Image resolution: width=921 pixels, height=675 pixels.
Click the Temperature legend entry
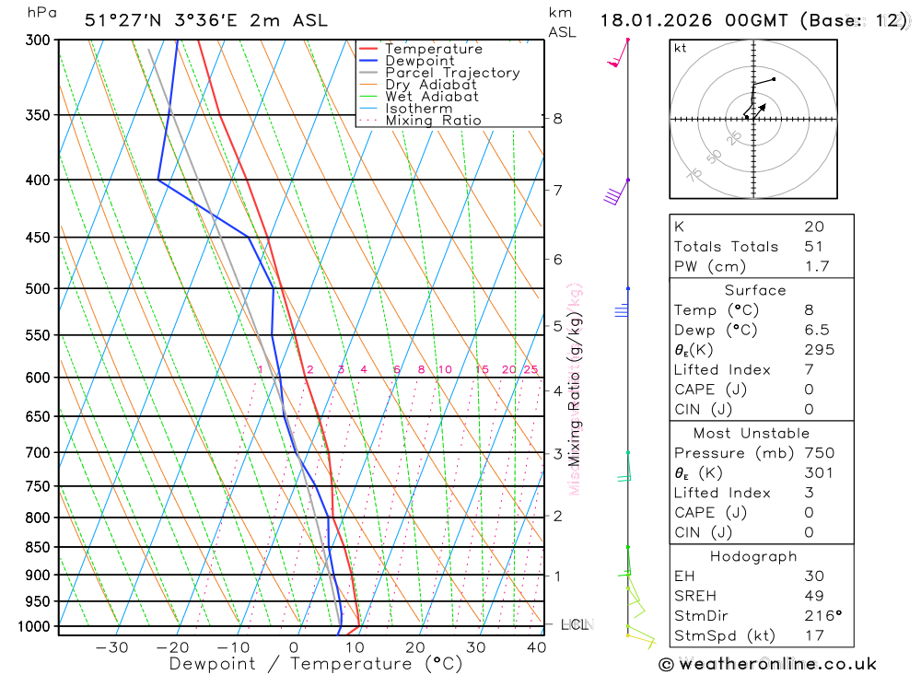click(433, 49)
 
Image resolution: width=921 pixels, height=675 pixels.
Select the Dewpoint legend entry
click(420, 61)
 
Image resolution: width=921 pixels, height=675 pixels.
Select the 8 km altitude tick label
click(558, 119)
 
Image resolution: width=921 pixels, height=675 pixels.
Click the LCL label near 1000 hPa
click(574, 626)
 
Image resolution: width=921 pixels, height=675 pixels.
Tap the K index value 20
click(814, 227)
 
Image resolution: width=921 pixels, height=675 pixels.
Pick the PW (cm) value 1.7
click(817, 267)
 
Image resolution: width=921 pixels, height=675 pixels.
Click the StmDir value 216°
click(820, 616)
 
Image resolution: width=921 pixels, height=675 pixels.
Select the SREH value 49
click(812, 596)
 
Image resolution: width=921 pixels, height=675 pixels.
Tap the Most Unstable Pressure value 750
click(819, 453)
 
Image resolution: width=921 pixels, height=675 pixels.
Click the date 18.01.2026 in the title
click(656, 20)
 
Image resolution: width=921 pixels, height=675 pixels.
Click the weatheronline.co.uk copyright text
click(767, 664)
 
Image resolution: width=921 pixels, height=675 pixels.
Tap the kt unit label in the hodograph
click(681, 49)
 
